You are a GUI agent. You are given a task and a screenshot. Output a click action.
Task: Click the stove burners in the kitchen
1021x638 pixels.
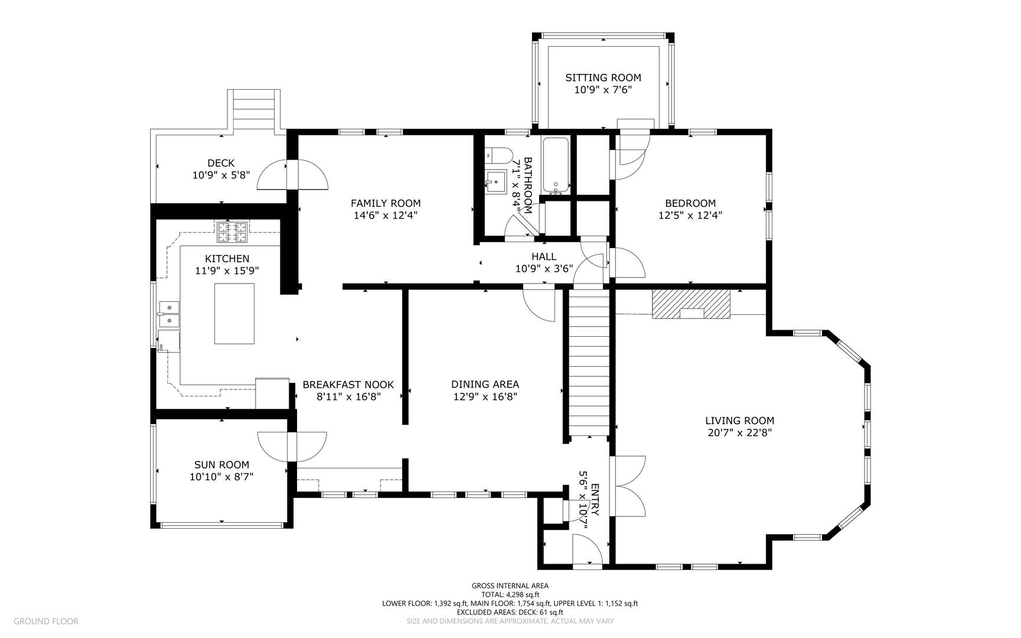click(x=232, y=232)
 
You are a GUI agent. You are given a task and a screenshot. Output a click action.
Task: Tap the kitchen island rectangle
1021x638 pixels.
click(x=234, y=314)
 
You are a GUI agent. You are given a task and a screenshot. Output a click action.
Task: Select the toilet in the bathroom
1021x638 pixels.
click(x=498, y=155)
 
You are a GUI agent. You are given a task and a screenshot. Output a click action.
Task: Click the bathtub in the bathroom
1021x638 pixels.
click(x=556, y=166)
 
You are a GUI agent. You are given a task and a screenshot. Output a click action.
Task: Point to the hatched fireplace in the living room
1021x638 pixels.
click(x=691, y=304)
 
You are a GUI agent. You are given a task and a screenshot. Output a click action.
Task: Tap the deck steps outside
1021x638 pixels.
click(x=255, y=109)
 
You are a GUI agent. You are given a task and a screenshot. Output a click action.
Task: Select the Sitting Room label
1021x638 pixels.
click(x=603, y=77)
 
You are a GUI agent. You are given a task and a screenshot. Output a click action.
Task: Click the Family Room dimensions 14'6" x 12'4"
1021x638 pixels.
click(x=386, y=216)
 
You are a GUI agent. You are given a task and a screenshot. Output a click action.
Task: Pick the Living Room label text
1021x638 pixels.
click(x=739, y=421)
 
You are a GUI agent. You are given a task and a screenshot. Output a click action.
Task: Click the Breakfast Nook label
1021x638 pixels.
click(x=348, y=385)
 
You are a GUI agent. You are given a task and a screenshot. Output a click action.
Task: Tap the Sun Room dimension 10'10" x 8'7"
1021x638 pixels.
click(x=221, y=477)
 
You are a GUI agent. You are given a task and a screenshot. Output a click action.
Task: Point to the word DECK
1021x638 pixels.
click(x=221, y=163)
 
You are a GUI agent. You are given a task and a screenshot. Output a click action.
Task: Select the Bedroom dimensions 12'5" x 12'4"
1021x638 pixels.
click(x=690, y=216)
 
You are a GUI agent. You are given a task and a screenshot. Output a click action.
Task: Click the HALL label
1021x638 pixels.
click(x=544, y=256)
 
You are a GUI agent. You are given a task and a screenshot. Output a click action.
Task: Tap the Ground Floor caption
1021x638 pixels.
click(x=46, y=621)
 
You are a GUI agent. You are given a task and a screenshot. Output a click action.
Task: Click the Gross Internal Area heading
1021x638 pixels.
click(x=510, y=586)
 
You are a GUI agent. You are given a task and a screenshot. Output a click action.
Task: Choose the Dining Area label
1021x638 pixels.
click(x=485, y=384)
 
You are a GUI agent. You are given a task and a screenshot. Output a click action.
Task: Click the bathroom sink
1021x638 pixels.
click(x=497, y=181)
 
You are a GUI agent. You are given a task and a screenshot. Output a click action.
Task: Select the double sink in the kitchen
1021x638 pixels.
click(x=169, y=314)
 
